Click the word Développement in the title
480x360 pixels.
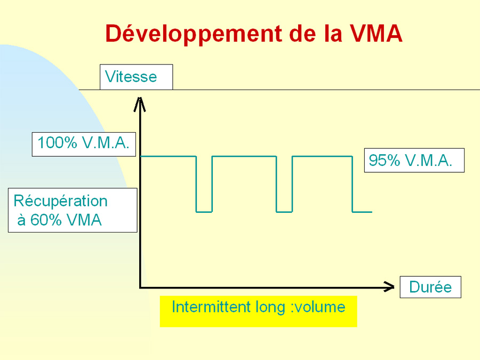[194, 34]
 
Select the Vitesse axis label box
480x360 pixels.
[136, 77]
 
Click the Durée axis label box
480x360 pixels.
[430, 287]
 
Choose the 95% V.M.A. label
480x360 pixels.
[414, 160]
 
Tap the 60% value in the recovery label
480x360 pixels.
[46, 220]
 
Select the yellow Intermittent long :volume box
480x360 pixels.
[258, 311]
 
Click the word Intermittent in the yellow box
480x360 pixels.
[211, 307]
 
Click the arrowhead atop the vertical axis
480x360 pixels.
[140, 104]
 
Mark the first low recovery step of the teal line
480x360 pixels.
[204, 212]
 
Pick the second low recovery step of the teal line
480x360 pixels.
[284, 212]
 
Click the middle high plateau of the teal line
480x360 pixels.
[244, 156]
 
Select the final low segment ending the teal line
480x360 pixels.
[362, 212]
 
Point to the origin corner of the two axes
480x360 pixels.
[140, 287]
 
